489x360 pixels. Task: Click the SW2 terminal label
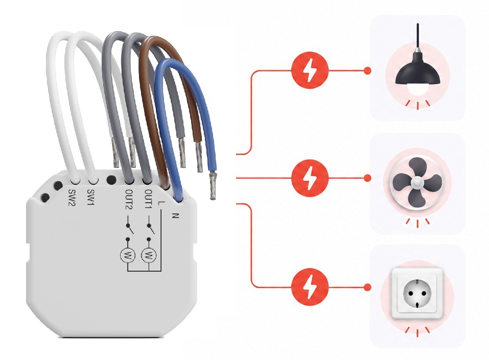(x=72, y=198)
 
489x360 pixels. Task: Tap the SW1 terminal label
(x=91, y=198)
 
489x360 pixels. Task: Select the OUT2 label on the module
(x=129, y=199)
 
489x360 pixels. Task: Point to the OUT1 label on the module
(x=149, y=199)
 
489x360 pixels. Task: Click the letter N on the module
(x=176, y=215)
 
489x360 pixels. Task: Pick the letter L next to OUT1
(x=160, y=203)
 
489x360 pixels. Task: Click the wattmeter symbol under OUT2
(x=128, y=256)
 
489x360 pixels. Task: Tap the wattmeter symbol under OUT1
(x=149, y=256)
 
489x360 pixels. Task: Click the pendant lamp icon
(x=417, y=62)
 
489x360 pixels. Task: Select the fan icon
(x=417, y=182)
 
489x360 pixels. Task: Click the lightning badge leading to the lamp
(x=310, y=70)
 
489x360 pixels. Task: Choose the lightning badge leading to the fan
(x=310, y=178)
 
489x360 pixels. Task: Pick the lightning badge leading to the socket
(x=310, y=287)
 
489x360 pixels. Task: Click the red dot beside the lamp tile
(x=368, y=70)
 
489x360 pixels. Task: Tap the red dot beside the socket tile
(x=368, y=287)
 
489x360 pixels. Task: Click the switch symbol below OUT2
(x=129, y=228)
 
